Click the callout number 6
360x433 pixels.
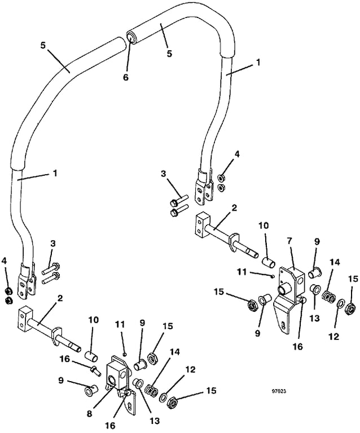click(126, 77)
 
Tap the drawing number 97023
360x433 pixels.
click(280, 391)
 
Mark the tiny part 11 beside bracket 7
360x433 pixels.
click(273, 276)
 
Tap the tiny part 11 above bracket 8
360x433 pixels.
click(125, 354)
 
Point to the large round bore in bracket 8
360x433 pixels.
click(113, 381)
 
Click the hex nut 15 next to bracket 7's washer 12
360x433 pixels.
click(350, 307)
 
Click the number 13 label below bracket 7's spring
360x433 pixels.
click(315, 318)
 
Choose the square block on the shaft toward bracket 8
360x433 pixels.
click(26, 318)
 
